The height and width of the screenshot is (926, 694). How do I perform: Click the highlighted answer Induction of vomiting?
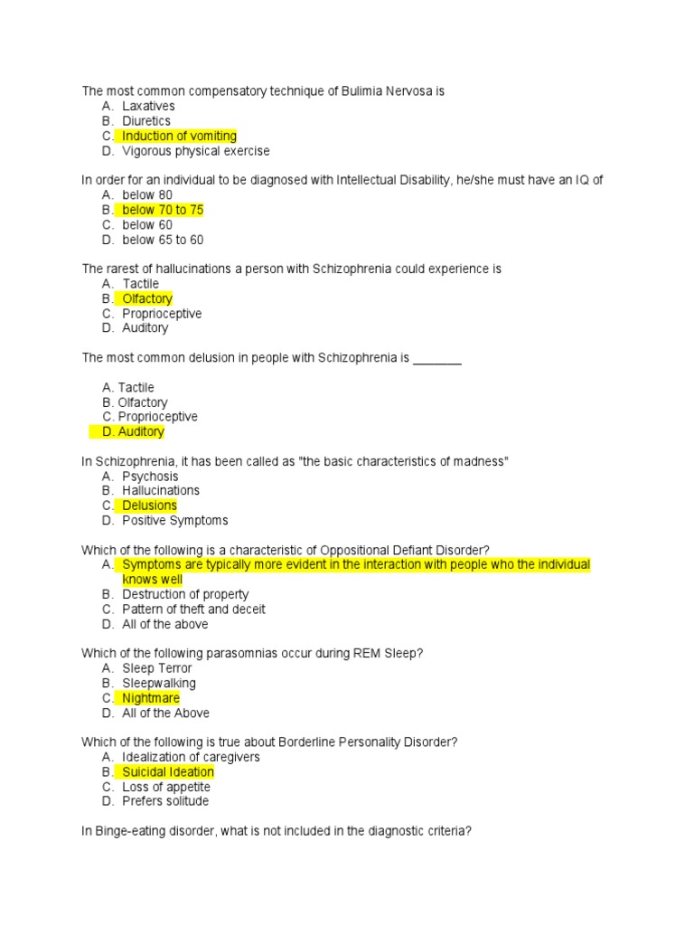179,137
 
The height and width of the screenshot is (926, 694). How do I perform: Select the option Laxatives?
148,107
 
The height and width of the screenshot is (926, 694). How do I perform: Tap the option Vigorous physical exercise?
195,151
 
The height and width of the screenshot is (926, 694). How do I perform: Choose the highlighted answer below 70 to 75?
163,210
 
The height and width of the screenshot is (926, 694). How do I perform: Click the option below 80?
147,195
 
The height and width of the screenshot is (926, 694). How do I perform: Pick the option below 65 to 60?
163,240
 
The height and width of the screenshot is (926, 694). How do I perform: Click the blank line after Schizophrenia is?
437,358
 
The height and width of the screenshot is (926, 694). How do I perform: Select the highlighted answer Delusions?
149,506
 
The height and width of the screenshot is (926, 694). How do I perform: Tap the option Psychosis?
150,477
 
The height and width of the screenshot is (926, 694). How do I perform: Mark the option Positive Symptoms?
175,521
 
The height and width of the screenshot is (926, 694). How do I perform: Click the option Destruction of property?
185,594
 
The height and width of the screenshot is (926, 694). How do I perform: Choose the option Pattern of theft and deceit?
193,609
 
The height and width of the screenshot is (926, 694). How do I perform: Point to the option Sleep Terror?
157,668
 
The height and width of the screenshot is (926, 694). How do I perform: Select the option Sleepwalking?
159,684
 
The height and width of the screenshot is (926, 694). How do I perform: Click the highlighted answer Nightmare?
151,698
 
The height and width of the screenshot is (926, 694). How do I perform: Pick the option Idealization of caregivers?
191,757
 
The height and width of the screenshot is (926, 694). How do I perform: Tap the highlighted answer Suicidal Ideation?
168,772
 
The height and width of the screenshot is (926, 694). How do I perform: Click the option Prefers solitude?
165,801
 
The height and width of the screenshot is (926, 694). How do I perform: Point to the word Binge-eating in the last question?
135,831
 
